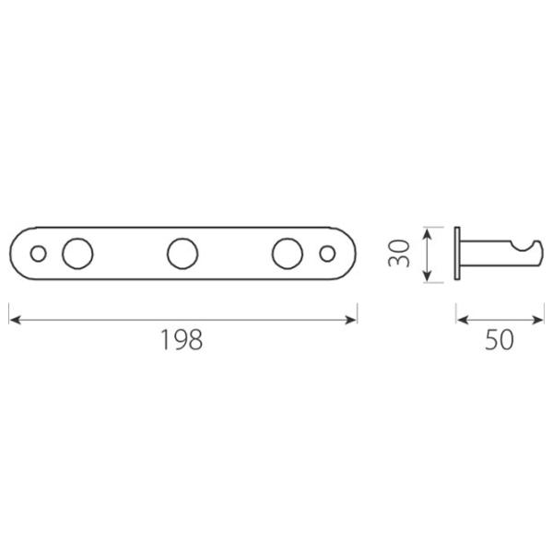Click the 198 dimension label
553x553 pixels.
pyautogui.click(x=182, y=339)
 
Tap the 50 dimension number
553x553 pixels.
pyautogui.click(x=499, y=339)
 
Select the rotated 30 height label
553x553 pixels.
pyautogui.click(x=399, y=253)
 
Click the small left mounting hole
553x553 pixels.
pyautogui.click(x=38, y=253)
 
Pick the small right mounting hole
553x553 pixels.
pyautogui.click(x=327, y=253)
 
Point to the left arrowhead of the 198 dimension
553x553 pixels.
pyautogui.click(x=15, y=320)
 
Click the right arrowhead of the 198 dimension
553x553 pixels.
pyautogui.click(x=351, y=320)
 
